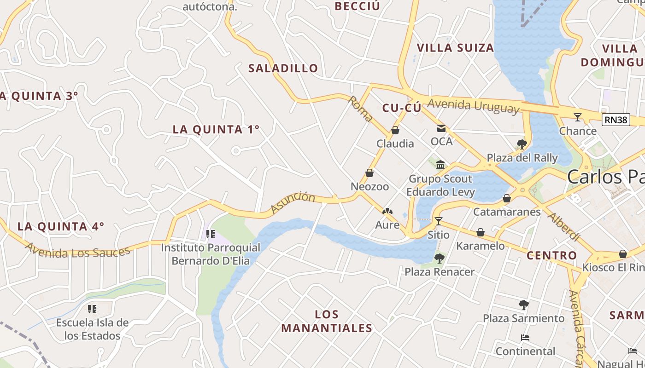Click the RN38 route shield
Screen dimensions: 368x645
[616, 120]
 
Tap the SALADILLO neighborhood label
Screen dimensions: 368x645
[283, 69]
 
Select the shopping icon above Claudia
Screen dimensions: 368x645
[395, 130]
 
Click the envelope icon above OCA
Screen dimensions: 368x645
[441, 128]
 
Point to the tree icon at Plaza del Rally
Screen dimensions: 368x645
[522, 144]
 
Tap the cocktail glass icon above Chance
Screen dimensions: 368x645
[577, 117]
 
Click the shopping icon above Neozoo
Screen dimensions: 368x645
[369, 173]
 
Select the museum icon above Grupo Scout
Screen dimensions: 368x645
[440, 165]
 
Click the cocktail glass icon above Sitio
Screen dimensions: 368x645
[438, 221]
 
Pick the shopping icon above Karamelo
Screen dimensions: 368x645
[480, 232]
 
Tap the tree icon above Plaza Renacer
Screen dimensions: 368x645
[439, 258]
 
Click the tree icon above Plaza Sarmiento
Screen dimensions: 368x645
[523, 305]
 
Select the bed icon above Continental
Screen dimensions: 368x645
[525, 338]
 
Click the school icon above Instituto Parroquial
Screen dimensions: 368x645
[211, 234]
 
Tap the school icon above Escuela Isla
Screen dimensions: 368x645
[92, 309]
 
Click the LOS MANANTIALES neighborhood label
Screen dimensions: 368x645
[327, 321]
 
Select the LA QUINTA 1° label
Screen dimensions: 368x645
[216, 130]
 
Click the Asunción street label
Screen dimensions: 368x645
[293, 203]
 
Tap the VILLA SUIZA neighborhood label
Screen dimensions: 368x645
[455, 48]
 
